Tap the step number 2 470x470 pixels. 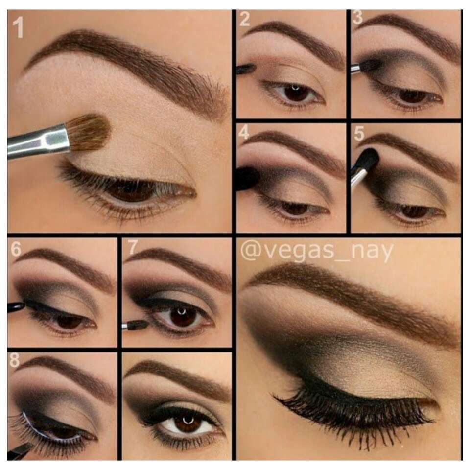[x=245, y=20]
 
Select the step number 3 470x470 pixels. [x=358, y=18]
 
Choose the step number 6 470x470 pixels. [x=16, y=249]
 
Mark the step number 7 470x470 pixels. [x=133, y=248]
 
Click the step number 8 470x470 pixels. [x=15, y=360]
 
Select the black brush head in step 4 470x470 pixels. [x=247, y=179]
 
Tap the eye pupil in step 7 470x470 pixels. [x=183, y=316]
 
